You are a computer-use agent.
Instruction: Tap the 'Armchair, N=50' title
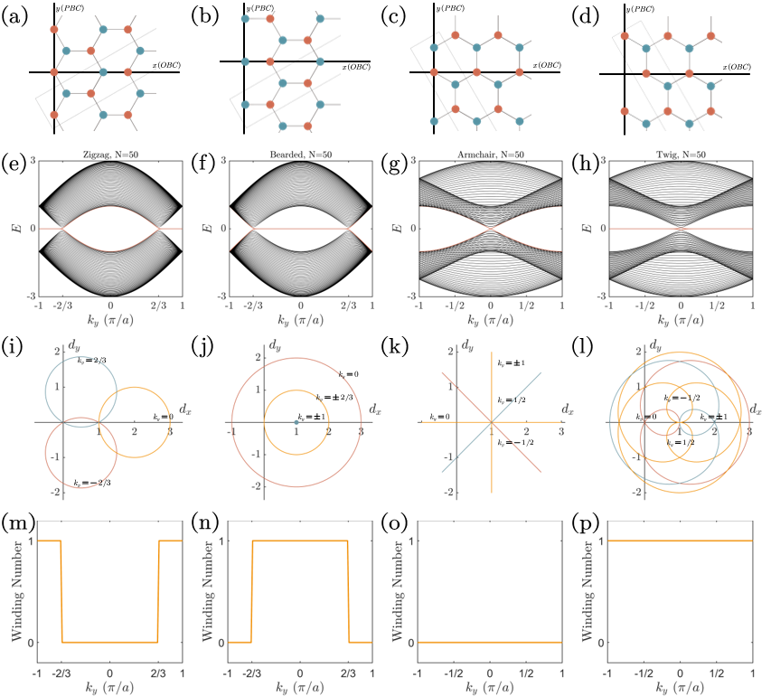tap(491, 155)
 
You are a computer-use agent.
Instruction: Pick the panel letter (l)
tap(584, 343)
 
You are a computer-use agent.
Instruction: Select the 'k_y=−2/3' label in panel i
tap(87, 484)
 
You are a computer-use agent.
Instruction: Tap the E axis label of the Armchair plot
tap(397, 229)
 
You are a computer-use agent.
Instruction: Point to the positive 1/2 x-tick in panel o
tap(526, 675)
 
